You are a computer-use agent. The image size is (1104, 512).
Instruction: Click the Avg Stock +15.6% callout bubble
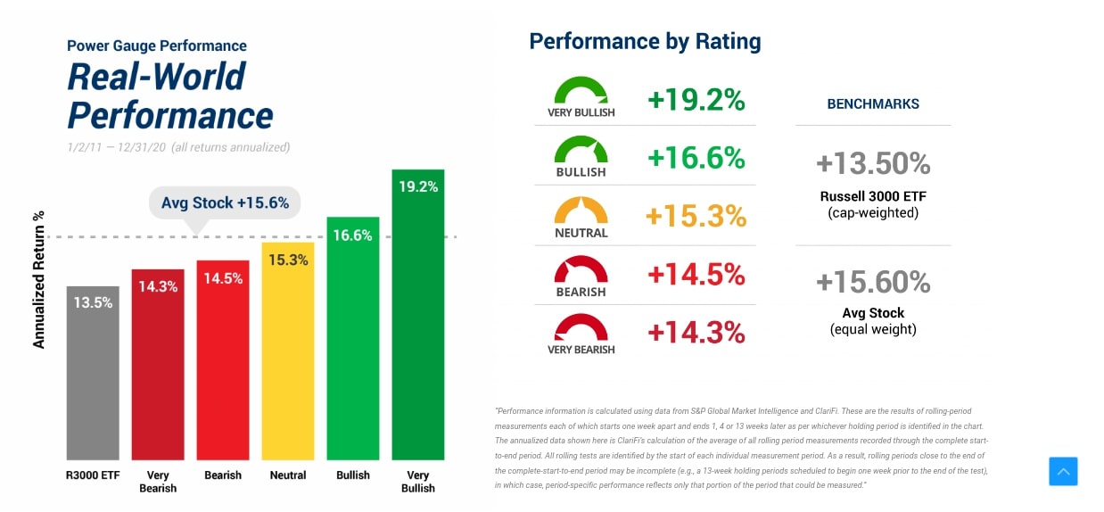[x=225, y=202]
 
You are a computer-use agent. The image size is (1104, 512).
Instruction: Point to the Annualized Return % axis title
[x=39, y=279]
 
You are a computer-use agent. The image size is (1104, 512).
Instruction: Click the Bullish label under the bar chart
[x=353, y=475]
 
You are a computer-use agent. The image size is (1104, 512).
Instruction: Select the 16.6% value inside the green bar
[x=353, y=235]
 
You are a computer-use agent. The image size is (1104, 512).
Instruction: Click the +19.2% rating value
[x=696, y=100]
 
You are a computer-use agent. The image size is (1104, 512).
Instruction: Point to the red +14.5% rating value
[x=696, y=275]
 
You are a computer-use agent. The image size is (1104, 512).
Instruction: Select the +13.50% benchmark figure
[x=873, y=164]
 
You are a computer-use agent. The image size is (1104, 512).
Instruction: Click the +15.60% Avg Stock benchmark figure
[x=873, y=282]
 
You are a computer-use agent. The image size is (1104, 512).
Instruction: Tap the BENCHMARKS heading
[x=873, y=104]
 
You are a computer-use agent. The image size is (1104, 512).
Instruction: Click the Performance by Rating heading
[x=645, y=41]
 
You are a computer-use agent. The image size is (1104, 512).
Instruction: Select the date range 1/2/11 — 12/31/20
[x=116, y=147]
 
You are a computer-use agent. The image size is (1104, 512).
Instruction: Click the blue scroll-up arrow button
[x=1063, y=471]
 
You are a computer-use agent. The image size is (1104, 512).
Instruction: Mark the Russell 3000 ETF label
[x=873, y=196]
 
